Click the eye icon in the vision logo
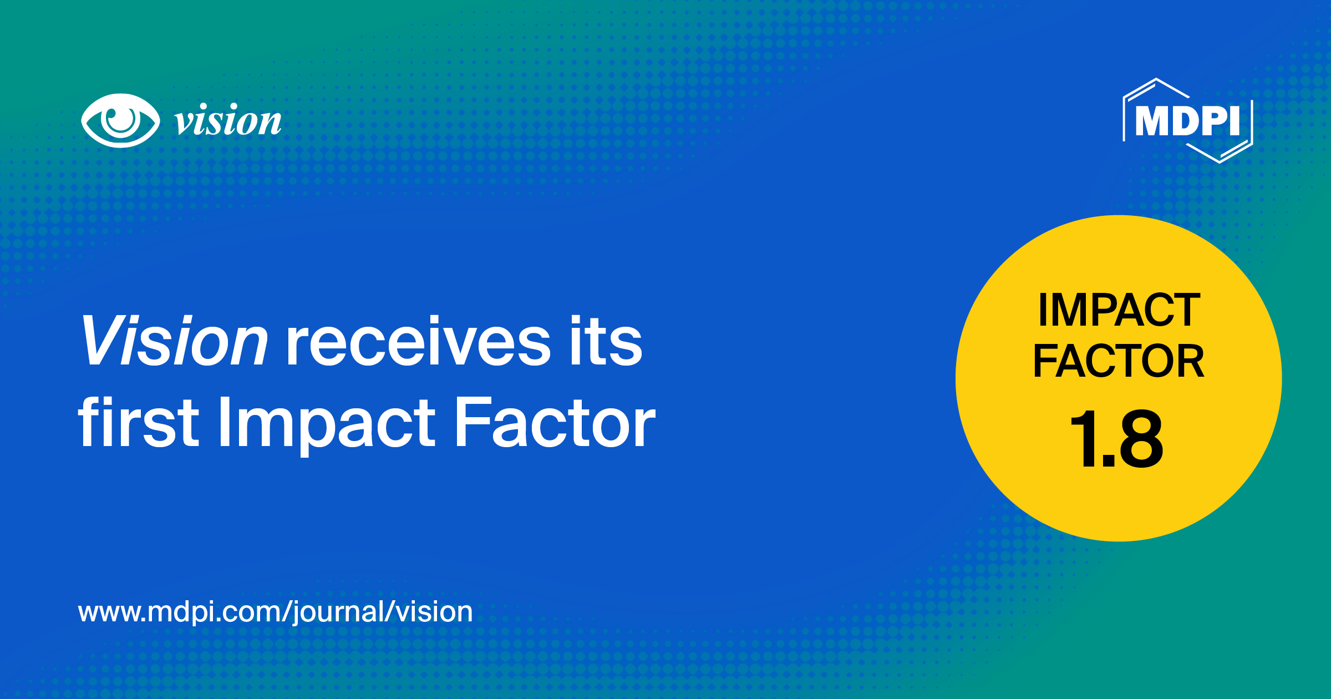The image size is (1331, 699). coord(120,120)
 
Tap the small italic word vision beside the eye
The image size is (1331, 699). coord(228,121)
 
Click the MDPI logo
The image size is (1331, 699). coord(1187,120)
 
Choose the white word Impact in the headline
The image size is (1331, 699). coord(327,424)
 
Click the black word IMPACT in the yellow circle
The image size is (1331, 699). coord(1119,310)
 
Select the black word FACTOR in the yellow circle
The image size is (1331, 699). coord(1119,361)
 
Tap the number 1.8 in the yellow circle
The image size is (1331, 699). coord(1116,438)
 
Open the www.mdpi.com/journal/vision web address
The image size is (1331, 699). coord(276,612)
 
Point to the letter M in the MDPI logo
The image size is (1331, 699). coord(1152,120)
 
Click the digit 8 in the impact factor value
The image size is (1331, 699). coord(1140,438)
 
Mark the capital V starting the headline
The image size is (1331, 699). coord(100,341)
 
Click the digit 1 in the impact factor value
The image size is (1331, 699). coord(1081,438)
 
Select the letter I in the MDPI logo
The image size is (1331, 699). coord(1235,120)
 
